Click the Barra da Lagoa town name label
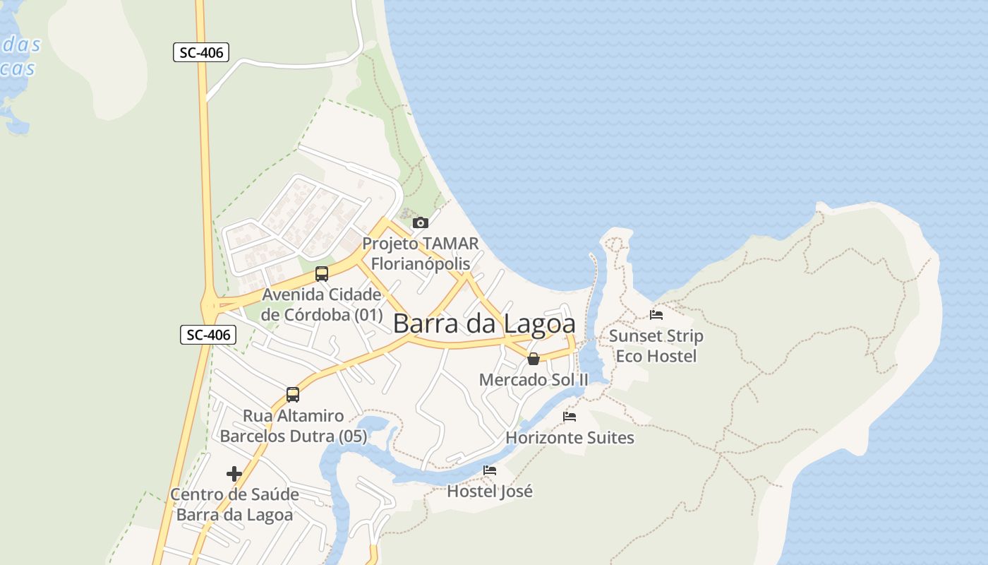(484, 323)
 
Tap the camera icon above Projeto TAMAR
(421, 222)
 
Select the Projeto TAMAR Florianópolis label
(421, 254)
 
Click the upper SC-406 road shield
(201, 52)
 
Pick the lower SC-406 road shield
(208, 334)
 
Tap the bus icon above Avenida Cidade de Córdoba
(322, 273)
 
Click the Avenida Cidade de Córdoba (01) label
(322, 304)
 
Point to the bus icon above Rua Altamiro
(293, 394)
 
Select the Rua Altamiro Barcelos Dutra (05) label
(294, 426)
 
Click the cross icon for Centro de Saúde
(234, 473)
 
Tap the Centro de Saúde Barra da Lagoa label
(234, 504)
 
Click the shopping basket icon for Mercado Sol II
(534, 359)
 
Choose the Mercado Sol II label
(534, 380)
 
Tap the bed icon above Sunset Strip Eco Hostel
(656, 315)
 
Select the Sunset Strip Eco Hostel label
(656, 345)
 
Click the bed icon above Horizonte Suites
(570, 417)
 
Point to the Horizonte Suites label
(570, 438)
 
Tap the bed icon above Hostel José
(490, 470)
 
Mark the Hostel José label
(490, 491)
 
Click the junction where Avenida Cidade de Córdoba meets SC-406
(210, 307)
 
